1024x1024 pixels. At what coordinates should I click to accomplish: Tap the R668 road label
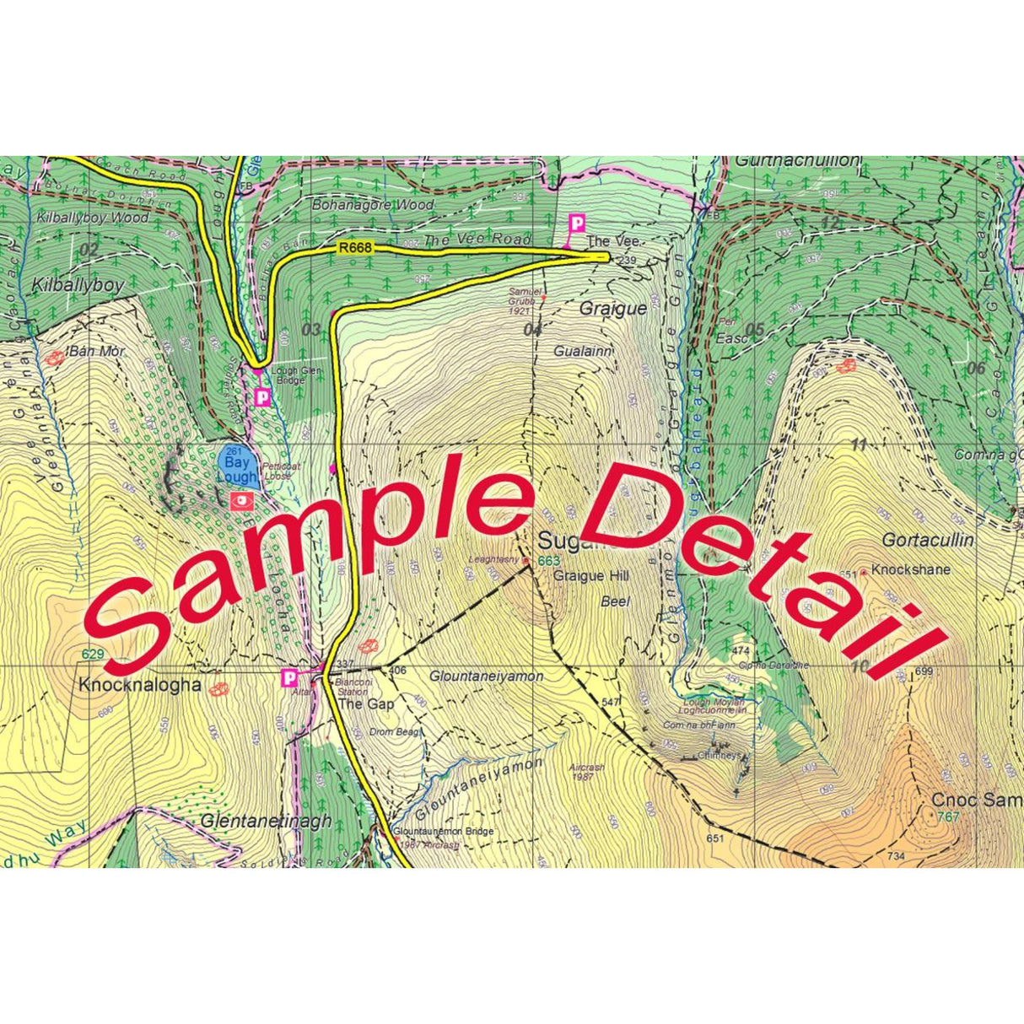coord(353,248)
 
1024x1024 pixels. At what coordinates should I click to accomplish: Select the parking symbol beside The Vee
coord(577,224)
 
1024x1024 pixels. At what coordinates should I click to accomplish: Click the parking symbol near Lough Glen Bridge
coord(261,396)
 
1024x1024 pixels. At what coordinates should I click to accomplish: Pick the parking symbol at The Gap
coord(289,677)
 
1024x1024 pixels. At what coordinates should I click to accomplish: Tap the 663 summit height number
coord(548,562)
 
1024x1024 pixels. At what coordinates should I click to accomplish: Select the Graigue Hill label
coord(590,576)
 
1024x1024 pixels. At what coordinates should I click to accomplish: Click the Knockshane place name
coord(910,569)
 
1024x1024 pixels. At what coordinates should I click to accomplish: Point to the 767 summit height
coord(947,817)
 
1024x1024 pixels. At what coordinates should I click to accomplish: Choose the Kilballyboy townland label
coord(78,285)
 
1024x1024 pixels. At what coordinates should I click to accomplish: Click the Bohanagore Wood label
coord(373,204)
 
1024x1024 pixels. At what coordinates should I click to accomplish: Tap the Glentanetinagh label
coord(266,821)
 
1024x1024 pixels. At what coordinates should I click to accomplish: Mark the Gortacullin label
coord(928,540)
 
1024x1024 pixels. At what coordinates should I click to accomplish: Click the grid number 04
coord(531,330)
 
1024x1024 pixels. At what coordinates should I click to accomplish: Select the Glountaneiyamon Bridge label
coord(444,832)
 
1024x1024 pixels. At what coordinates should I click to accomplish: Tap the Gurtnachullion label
coord(798,160)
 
